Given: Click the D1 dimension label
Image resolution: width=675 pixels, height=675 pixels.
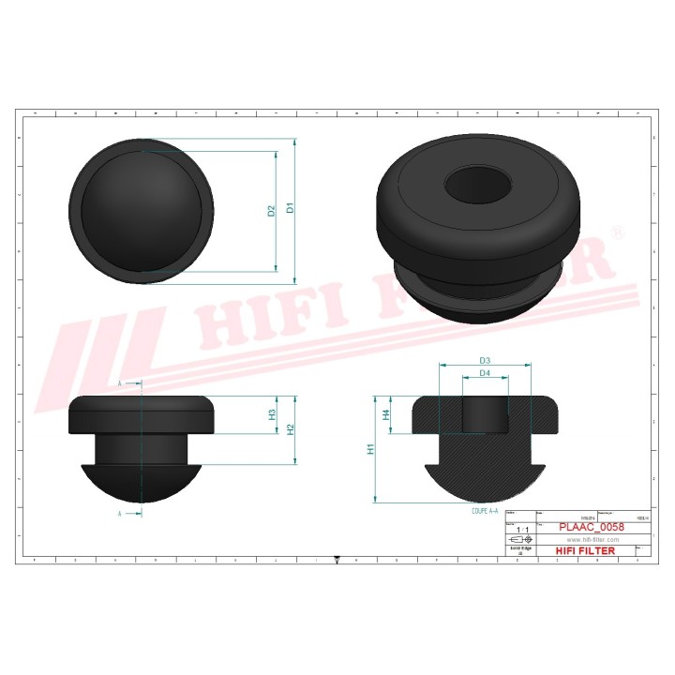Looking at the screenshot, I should pyautogui.click(x=291, y=209).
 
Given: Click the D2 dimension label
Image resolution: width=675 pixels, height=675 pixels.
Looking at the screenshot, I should pyautogui.click(x=271, y=211).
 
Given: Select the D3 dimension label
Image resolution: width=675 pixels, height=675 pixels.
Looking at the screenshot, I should pyautogui.click(x=486, y=361).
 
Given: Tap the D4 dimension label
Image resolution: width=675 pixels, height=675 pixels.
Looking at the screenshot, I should pyautogui.click(x=486, y=373).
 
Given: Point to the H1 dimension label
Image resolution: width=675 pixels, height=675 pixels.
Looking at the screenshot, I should pyautogui.click(x=371, y=449).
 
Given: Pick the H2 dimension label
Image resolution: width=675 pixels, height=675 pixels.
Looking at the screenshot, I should pyautogui.click(x=291, y=429).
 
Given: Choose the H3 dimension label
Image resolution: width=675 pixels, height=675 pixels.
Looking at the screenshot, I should pyautogui.click(x=272, y=414).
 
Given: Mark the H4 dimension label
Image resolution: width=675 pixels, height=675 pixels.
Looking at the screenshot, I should pyautogui.click(x=385, y=413).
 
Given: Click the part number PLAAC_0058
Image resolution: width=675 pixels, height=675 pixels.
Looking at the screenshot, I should pyautogui.click(x=591, y=527).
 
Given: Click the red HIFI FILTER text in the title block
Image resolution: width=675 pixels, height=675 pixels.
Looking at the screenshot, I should pyautogui.click(x=586, y=550).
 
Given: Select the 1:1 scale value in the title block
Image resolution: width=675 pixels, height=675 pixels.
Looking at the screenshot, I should pyautogui.click(x=521, y=530).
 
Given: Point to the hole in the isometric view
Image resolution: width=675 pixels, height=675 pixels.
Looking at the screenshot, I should pyautogui.click(x=478, y=184).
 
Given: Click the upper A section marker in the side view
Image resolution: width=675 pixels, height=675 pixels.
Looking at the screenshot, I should pyautogui.click(x=120, y=383).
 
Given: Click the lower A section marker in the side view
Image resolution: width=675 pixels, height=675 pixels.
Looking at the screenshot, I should pyautogui.click(x=120, y=514).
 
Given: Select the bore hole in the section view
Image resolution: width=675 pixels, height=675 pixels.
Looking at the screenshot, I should pyautogui.click(x=486, y=412).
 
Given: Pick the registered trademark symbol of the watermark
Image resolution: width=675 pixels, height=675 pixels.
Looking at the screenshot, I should pyautogui.click(x=617, y=232).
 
